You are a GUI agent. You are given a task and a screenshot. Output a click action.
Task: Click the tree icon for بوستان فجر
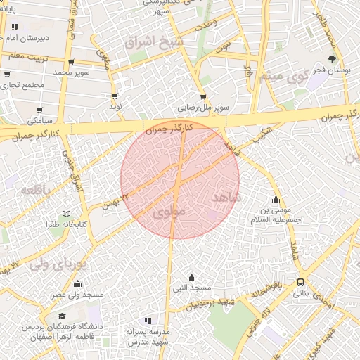332,59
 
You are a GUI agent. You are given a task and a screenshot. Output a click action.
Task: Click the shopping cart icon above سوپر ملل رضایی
203,97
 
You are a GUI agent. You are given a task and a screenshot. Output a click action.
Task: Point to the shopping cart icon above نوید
115,96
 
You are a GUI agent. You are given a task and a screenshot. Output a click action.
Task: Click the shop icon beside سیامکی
40,110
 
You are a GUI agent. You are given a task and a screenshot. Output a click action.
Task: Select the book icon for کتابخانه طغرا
67,213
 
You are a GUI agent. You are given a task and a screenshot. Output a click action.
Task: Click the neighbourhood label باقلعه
34,190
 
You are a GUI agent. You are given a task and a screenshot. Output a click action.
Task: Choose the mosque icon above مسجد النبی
191,277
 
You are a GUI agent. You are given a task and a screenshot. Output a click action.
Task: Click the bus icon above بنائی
301,282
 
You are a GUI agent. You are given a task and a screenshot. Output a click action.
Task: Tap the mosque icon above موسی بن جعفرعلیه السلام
275,199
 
